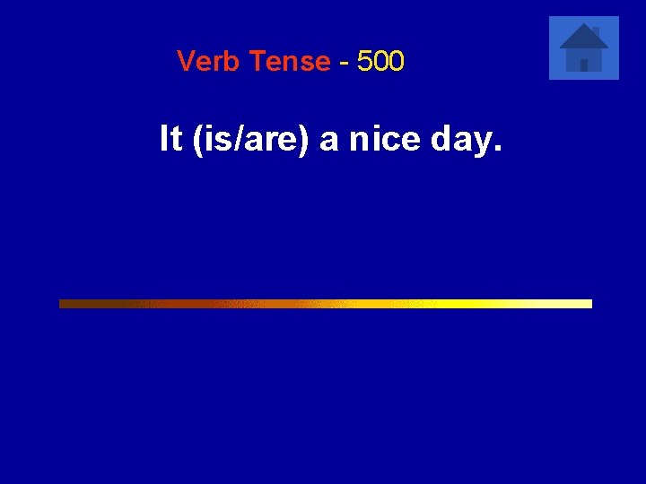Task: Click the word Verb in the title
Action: tap(209, 62)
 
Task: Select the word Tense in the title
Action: tap(290, 62)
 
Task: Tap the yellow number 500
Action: tap(380, 62)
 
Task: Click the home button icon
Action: tap(584, 48)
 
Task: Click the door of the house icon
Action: tap(584, 65)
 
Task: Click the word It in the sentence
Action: tap(171, 140)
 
